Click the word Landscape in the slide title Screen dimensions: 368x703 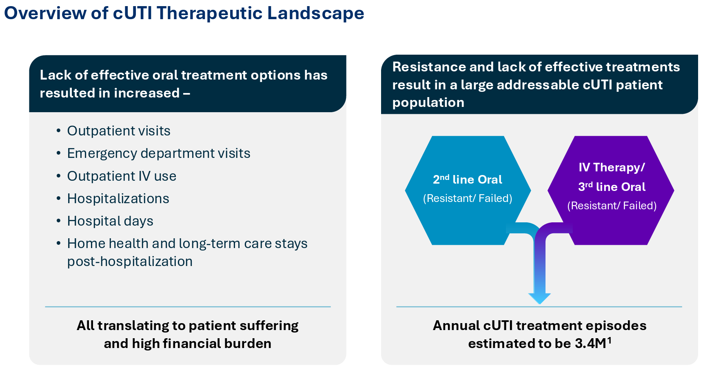315,13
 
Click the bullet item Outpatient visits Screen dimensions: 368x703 119,131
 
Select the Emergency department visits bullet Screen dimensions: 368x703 159,153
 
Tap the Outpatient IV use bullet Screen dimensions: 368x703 122,176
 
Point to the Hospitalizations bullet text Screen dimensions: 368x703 118,199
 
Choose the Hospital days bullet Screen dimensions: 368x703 110,221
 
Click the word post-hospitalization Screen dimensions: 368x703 130,262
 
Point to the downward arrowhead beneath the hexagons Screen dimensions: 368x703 539,298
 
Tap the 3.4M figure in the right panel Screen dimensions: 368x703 590,344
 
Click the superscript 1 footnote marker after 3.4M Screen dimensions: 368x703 609,340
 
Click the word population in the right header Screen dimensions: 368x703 428,102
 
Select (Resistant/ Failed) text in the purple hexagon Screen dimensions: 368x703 612,206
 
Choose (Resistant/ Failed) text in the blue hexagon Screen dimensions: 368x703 468,198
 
